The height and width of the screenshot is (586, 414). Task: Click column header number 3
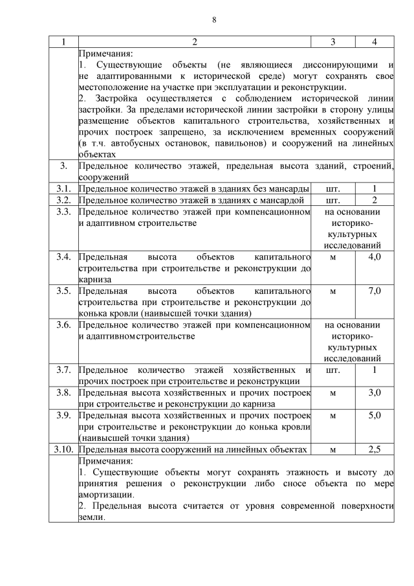[x=332, y=42]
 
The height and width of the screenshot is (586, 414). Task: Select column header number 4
[x=375, y=42]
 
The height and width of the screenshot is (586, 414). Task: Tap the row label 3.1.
[x=63, y=188]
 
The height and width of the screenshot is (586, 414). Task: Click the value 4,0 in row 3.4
[x=375, y=257]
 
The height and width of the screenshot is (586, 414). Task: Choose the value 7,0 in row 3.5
[x=375, y=291]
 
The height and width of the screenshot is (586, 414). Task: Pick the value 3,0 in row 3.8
[x=375, y=392]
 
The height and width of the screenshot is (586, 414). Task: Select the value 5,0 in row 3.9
[x=375, y=415]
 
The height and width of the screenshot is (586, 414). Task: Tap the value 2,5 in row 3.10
[x=375, y=449]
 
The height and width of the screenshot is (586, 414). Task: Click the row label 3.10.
[x=63, y=449]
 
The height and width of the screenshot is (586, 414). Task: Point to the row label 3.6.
[x=63, y=325]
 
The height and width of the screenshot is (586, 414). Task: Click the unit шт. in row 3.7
[x=332, y=370]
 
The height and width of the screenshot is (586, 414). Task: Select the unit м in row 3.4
[x=332, y=257]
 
